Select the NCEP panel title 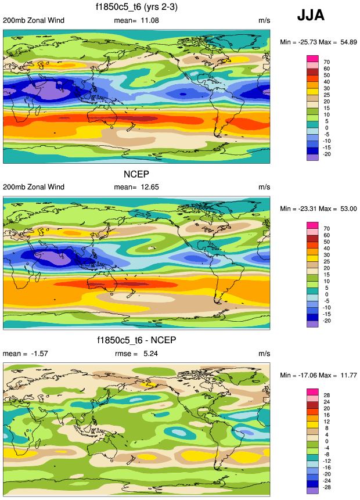[x=134, y=174]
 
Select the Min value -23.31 [x=305, y=208]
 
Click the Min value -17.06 [x=305, y=375]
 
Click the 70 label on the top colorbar [x=326, y=62]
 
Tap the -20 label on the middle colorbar [x=327, y=321]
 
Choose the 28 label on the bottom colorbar [x=326, y=394]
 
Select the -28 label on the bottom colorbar [x=327, y=487]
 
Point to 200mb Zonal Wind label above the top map [x=33, y=21]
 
